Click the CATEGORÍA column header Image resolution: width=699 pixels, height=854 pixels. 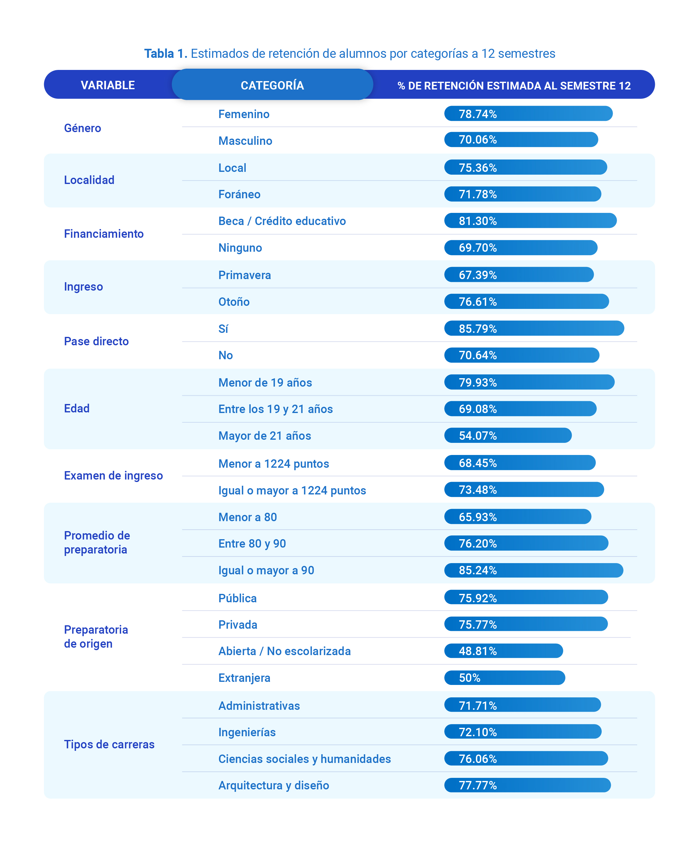(272, 85)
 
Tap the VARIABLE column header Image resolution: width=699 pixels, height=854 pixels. (107, 85)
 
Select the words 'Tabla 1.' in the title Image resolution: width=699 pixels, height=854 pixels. (166, 53)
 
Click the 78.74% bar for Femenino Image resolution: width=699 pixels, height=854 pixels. (528, 114)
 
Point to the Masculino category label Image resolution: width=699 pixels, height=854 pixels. (245, 140)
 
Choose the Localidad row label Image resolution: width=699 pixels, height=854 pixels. (89, 180)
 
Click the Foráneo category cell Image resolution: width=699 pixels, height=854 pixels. (239, 194)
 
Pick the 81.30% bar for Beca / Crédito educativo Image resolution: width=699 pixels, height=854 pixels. (530, 220)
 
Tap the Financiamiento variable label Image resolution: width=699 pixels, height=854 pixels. (103, 234)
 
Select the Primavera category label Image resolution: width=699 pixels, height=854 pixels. (244, 275)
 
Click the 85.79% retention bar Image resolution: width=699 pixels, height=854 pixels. (534, 328)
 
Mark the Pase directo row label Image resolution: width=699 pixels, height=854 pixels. (96, 341)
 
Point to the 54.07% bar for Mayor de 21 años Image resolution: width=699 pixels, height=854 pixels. (508, 435)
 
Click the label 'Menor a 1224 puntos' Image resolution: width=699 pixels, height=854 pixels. (273, 463)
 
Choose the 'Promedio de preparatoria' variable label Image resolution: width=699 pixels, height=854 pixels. (97, 542)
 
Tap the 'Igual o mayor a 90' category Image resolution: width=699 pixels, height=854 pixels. (266, 570)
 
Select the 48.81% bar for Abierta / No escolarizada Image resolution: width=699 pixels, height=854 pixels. (503, 650)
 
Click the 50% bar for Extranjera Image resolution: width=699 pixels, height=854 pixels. (505, 677)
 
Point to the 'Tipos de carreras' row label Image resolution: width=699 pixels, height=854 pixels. (109, 744)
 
